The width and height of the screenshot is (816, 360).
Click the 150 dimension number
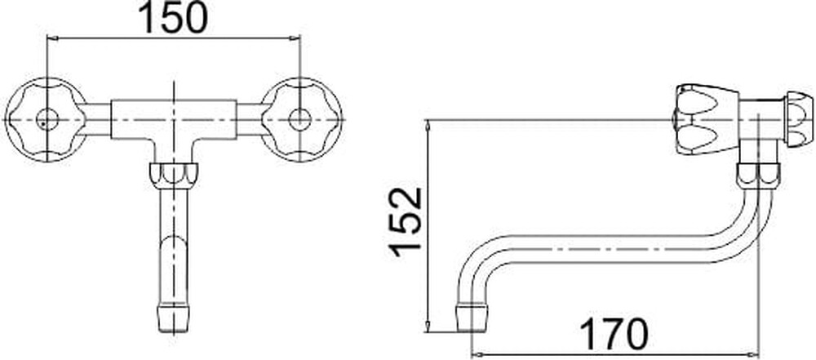(175, 18)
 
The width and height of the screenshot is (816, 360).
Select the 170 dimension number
(614, 334)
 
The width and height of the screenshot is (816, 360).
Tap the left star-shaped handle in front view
(45, 120)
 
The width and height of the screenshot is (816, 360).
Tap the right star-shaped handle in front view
(301, 120)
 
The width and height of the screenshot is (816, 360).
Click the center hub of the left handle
(47, 120)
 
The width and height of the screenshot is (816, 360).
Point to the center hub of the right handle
(300, 120)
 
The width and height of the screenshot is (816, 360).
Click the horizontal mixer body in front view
(173, 120)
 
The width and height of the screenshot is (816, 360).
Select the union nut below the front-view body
(173, 174)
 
